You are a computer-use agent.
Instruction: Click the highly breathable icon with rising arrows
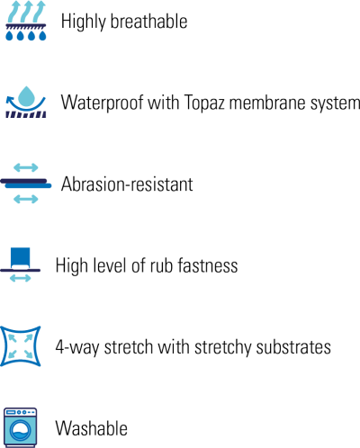tap(26, 21)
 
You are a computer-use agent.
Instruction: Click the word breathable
tap(149, 21)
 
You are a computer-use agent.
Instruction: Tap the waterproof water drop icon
tap(26, 102)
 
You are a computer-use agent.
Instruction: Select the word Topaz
tap(204, 103)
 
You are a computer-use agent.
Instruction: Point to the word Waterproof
tap(102, 103)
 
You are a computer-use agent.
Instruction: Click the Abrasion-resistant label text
tap(127, 184)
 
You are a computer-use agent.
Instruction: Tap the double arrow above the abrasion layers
tap(26, 167)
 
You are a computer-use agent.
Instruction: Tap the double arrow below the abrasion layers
tap(26, 199)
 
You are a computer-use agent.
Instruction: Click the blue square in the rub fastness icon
tap(21, 257)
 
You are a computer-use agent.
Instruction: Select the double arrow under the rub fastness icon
tap(21, 278)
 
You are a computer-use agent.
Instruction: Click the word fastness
tap(208, 265)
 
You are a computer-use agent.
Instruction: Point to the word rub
tap(161, 265)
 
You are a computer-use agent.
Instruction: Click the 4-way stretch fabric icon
tap(21, 346)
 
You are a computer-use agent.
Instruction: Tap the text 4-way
tap(77, 348)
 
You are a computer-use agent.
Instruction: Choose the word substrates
tap(293, 347)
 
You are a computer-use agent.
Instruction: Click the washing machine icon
tap(21, 427)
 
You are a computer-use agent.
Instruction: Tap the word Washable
tap(92, 428)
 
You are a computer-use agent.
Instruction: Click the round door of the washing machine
tap(21, 431)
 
